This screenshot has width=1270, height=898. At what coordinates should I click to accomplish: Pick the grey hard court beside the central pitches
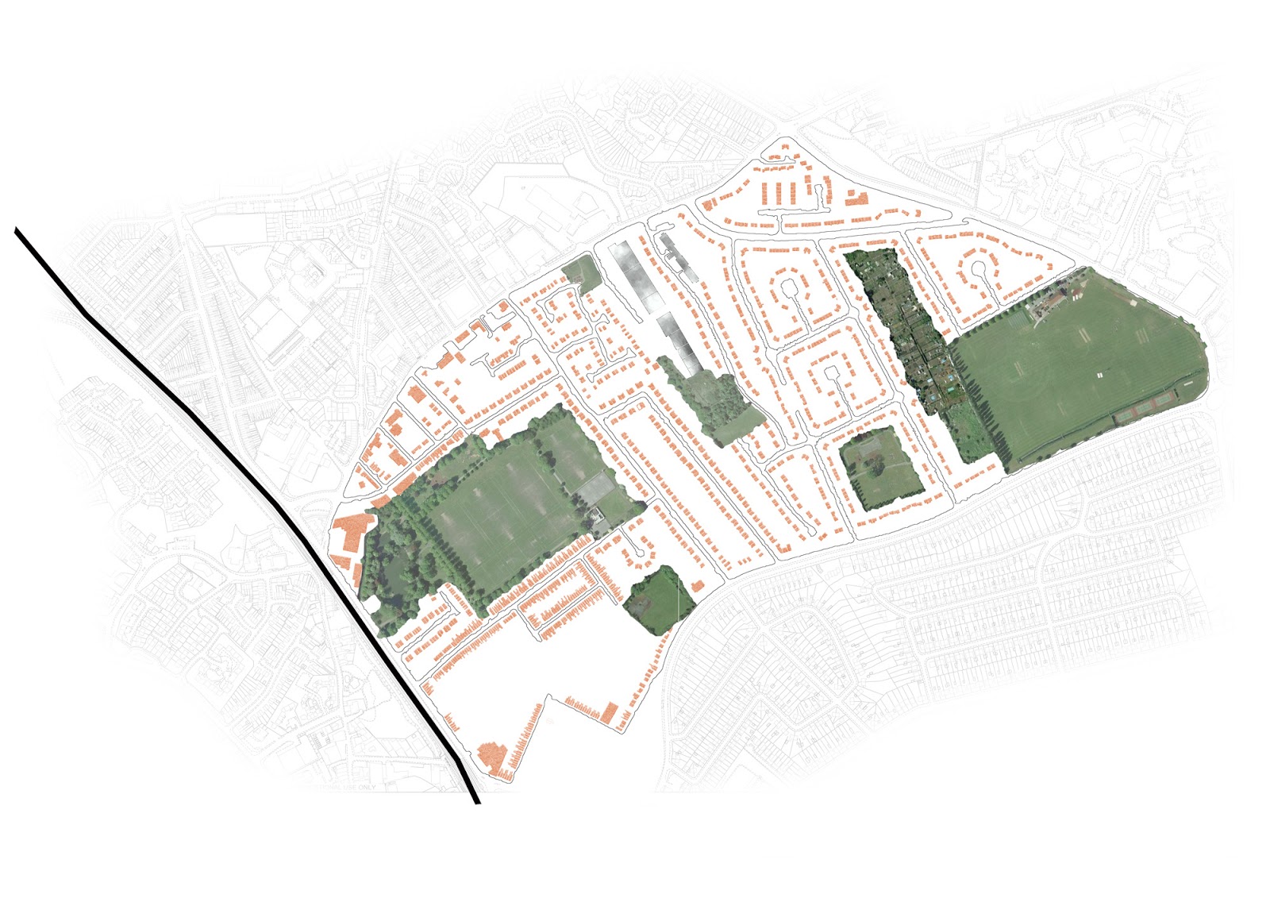595,486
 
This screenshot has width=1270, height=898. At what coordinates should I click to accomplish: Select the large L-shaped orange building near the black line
352,534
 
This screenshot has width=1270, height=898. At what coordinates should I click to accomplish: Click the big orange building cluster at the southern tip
493,758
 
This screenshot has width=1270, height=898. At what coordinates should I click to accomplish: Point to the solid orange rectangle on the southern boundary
610,711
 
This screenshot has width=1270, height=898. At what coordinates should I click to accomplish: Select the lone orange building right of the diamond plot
698,586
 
